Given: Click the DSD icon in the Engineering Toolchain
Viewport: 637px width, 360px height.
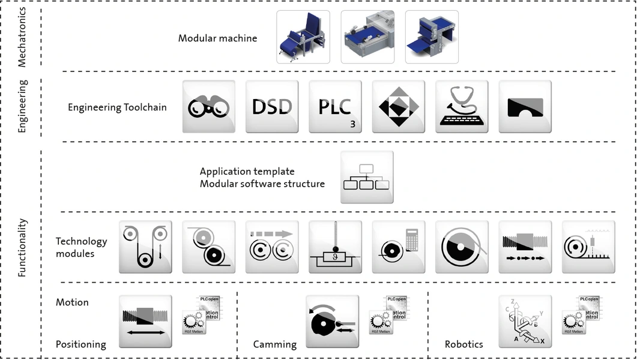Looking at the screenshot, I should tap(272, 107).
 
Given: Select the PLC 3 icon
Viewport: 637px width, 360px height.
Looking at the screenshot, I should tap(335, 107).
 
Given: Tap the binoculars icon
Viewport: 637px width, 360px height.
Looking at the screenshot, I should tap(208, 107).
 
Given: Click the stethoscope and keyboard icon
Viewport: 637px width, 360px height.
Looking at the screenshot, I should tap(462, 107).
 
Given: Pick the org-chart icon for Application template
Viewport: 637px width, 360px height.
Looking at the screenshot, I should tap(366, 177).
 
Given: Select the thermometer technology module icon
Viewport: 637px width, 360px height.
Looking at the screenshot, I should tap(335, 247).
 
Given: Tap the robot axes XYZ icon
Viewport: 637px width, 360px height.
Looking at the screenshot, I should tap(525, 322).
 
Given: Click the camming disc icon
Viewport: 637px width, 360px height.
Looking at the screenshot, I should tap(332, 322).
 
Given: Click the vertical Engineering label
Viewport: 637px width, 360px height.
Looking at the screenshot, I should tap(22, 106).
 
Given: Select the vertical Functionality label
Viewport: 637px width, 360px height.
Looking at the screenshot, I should tap(22, 247).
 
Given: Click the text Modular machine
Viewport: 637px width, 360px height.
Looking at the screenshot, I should tap(217, 38).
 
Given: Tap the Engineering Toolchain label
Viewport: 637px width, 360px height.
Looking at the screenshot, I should tap(117, 107).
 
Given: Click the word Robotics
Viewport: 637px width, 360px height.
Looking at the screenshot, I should tap(463, 344).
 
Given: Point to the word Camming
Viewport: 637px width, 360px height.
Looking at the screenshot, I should tap(275, 344).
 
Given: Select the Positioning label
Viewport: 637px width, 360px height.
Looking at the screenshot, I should tap(80, 344).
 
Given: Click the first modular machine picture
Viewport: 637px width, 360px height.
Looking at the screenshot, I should tap(303, 37).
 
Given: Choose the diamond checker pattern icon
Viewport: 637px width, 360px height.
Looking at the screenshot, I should tap(398, 107).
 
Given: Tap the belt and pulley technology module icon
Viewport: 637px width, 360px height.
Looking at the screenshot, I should tap(145, 247).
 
